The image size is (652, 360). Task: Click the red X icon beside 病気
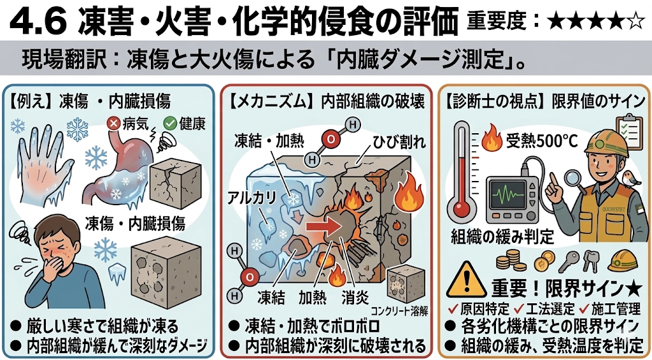(113, 123)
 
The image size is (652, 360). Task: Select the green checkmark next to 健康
(170, 123)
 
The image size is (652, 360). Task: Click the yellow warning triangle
(466, 280)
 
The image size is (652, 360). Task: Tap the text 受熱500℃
(541, 142)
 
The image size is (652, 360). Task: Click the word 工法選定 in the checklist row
(549, 309)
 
